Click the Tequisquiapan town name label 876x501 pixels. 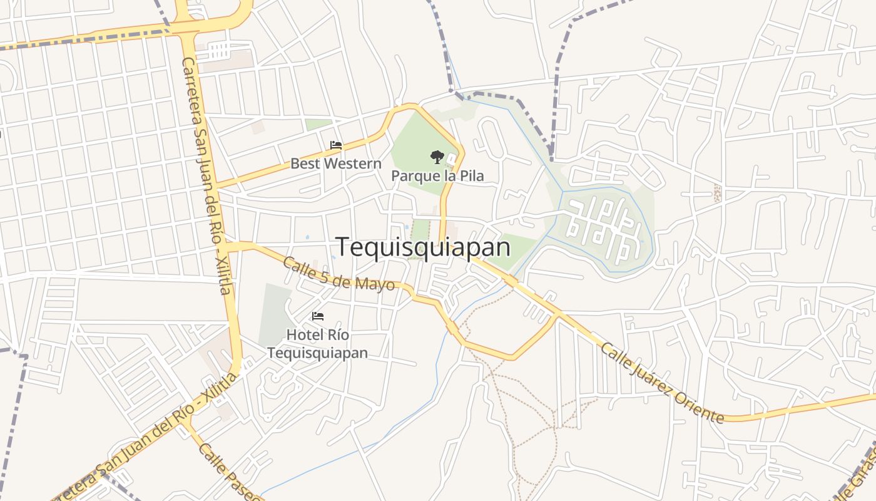point(424,247)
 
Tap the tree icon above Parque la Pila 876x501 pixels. point(437,157)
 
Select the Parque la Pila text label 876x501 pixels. point(437,175)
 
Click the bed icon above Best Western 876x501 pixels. point(336,145)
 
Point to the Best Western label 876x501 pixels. point(335,164)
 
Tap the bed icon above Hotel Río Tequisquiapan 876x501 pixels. point(318,316)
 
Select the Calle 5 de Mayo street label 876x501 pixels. point(339,274)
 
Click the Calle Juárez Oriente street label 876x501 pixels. point(661,383)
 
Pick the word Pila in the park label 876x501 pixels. point(472,175)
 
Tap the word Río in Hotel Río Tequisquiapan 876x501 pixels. point(337,335)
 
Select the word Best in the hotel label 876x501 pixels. point(304,164)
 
